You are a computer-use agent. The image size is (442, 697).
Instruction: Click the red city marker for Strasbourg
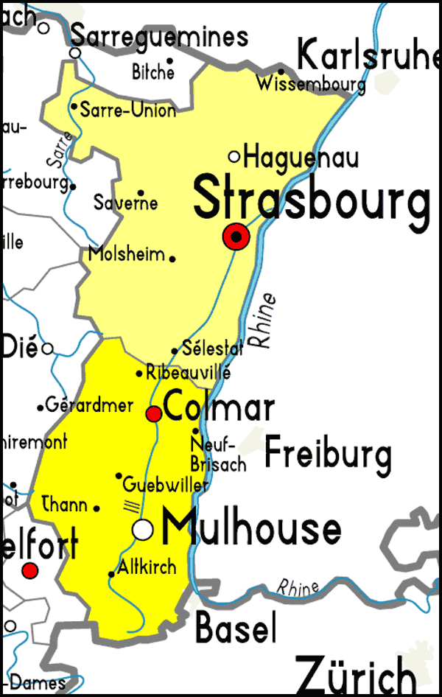[x=236, y=237]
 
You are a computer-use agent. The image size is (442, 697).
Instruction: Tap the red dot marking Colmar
[x=154, y=414]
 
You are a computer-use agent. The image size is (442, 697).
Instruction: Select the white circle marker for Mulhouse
[x=143, y=529]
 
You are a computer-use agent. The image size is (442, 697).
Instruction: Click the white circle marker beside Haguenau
[x=234, y=156]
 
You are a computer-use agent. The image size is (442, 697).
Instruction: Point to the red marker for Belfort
[x=29, y=570]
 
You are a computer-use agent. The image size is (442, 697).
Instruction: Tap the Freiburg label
[x=328, y=452]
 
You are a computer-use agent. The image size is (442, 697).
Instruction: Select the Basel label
[x=236, y=628]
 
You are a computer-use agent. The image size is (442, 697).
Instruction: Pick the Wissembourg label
[x=311, y=84]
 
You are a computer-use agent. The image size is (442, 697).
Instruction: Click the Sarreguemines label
[x=159, y=36]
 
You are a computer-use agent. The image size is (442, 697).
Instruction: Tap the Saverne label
[x=125, y=202]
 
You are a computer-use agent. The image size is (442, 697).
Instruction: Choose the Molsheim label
[x=126, y=254]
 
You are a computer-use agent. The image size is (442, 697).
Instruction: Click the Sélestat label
[x=212, y=348]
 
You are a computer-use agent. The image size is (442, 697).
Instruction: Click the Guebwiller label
[x=166, y=485]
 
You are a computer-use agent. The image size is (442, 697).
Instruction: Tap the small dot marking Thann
[x=97, y=507]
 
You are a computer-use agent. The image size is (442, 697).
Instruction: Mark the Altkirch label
[x=147, y=567]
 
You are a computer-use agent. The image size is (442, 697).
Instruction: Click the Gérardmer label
[x=89, y=404]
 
